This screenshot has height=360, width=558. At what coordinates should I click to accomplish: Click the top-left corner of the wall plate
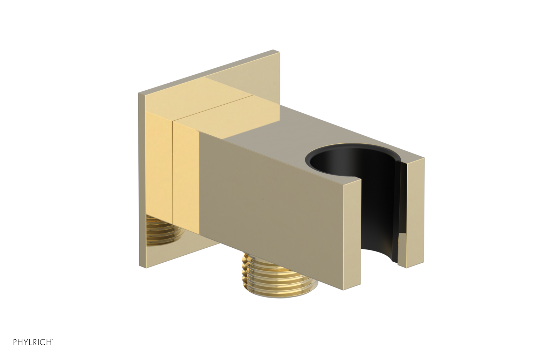coord(139,94)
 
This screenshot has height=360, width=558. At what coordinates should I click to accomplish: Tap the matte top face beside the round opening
coord(272,133)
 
